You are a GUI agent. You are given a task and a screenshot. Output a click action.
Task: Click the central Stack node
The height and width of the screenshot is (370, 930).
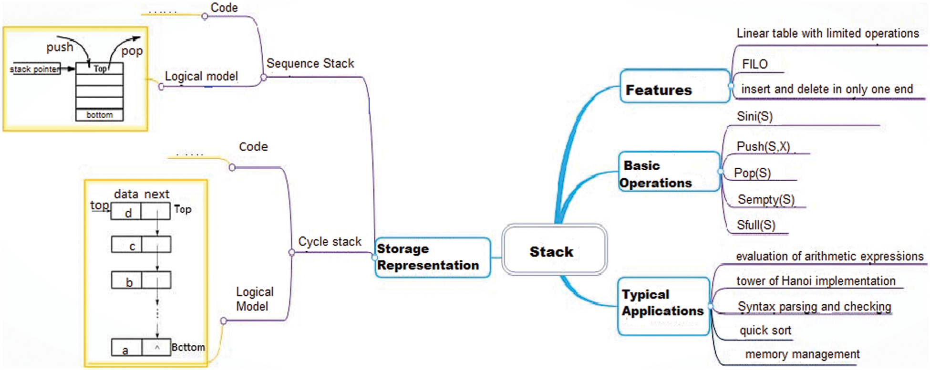(x=554, y=251)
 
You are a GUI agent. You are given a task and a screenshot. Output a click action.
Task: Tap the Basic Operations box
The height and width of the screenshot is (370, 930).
(x=668, y=172)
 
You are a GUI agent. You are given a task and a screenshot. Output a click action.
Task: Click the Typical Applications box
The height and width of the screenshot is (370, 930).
(x=663, y=306)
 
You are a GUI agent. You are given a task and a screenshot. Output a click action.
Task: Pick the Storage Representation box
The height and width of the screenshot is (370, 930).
(x=432, y=257)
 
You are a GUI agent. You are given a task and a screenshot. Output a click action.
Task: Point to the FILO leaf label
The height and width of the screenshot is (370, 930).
(x=754, y=64)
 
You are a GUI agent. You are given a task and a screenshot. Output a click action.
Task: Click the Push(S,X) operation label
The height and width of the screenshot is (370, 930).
(x=763, y=146)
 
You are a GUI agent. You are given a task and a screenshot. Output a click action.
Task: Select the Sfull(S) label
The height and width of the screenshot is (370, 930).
(x=755, y=225)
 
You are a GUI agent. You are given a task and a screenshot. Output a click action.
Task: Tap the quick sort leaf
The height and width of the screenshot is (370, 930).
(x=765, y=330)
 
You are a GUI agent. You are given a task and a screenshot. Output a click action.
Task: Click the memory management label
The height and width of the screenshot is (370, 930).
(x=802, y=354)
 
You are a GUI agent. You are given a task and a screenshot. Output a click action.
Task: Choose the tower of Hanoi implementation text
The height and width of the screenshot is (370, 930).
(x=816, y=281)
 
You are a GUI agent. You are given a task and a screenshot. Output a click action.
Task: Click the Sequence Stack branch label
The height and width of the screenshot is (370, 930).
(x=310, y=63)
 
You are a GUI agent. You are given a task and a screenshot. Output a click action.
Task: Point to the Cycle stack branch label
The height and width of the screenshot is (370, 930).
(x=330, y=242)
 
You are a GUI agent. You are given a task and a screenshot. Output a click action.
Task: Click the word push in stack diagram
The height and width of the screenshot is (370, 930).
(x=60, y=47)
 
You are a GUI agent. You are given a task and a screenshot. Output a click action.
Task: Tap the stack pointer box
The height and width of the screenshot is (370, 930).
(x=35, y=69)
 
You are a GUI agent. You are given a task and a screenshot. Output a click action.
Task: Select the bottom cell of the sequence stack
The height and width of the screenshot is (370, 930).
(x=99, y=115)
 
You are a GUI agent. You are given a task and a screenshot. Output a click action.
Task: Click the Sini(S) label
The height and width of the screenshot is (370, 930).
(x=754, y=116)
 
